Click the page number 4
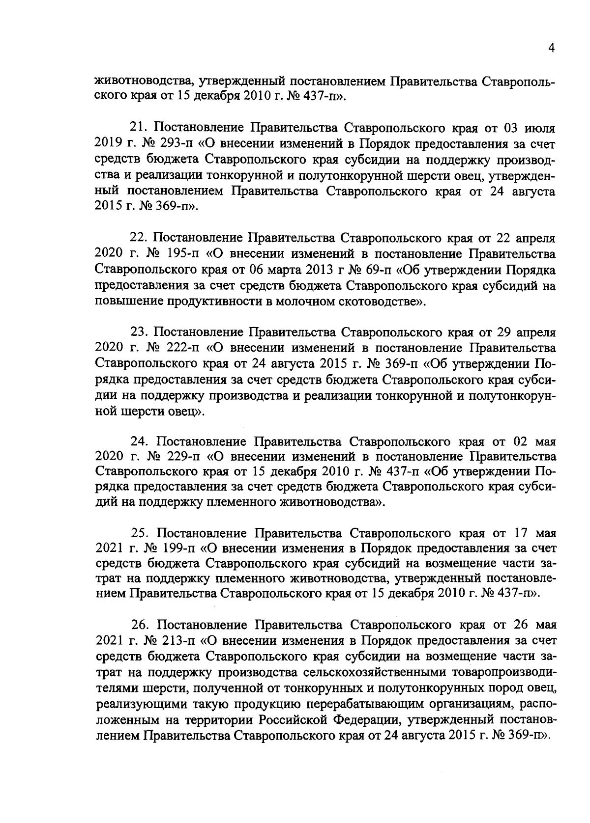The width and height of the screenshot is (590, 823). click(552, 48)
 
